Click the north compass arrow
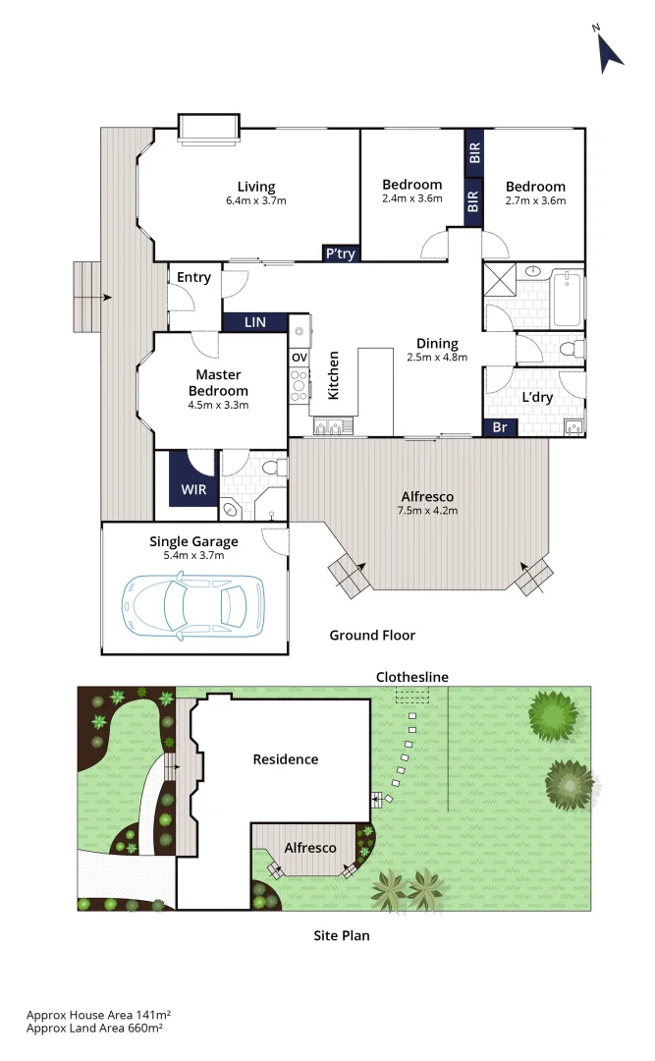click(611, 51)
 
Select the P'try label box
click(341, 253)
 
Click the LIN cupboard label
click(254, 322)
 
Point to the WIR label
click(192, 488)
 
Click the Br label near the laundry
click(499, 428)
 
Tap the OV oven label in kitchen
click(300, 357)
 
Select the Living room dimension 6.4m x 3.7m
click(255, 201)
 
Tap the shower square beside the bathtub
click(501, 282)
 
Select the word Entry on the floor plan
click(193, 278)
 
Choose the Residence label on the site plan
click(285, 759)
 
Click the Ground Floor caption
click(372, 636)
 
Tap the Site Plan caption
click(341, 936)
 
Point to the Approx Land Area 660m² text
click(94, 1028)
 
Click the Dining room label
click(437, 344)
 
